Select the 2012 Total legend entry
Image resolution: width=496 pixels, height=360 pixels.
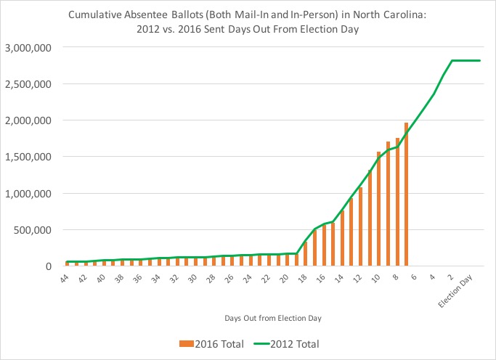click(x=285, y=343)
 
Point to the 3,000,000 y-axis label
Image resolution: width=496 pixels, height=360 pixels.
click(x=28, y=47)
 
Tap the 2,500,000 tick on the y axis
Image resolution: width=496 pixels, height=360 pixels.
click(x=28, y=84)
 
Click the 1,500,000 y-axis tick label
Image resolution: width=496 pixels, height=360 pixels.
click(x=28, y=157)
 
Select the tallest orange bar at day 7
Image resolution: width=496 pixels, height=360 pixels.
click(x=406, y=195)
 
